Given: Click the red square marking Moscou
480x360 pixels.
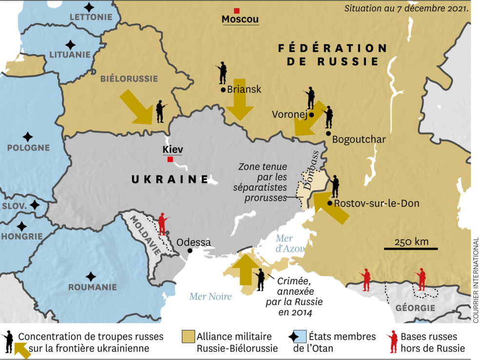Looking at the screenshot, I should [x=237, y=11].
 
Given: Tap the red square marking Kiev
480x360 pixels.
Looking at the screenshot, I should [x=170, y=160].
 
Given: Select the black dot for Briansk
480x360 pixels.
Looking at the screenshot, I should [x=223, y=90].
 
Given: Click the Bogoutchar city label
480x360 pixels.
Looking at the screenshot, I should [x=359, y=140].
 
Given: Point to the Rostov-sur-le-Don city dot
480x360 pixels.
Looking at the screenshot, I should [x=330, y=203].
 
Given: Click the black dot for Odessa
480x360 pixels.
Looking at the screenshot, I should [x=190, y=251].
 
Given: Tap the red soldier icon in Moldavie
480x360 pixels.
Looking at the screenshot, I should [x=162, y=224].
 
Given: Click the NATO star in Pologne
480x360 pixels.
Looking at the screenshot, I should [x=28, y=137].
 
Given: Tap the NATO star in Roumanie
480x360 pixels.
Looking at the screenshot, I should [x=90, y=276].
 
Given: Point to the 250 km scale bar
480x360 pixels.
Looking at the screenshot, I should [x=411, y=249].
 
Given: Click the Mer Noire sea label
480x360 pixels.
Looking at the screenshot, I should [x=211, y=296].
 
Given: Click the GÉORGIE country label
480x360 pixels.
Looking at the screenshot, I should [x=415, y=308].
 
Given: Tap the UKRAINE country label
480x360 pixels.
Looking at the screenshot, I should [x=170, y=180].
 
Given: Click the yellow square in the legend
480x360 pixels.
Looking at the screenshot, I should [x=188, y=337].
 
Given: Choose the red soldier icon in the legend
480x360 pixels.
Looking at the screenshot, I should [x=391, y=341].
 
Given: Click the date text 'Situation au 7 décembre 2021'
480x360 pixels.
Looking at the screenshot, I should [x=406, y=8].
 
